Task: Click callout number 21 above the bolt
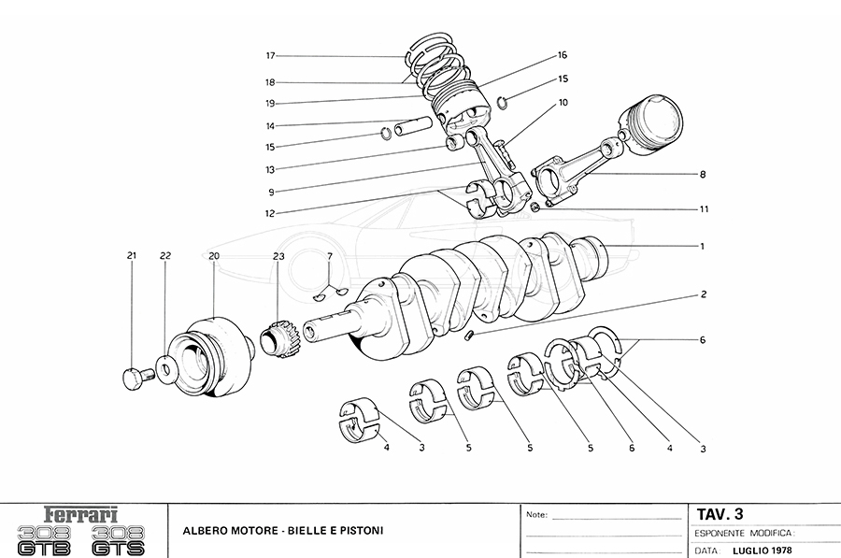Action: pos(132,255)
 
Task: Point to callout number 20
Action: pos(214,255)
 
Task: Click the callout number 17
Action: pos(270,55)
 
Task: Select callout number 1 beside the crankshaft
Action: pos(701,246)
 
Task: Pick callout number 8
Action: pos(702,174)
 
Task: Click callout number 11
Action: pos(703,208)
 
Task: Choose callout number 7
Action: pos(329,255)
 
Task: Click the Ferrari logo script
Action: pos(82,515)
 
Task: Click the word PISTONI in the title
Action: pos(359,531)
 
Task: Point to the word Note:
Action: pos(536,515)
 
